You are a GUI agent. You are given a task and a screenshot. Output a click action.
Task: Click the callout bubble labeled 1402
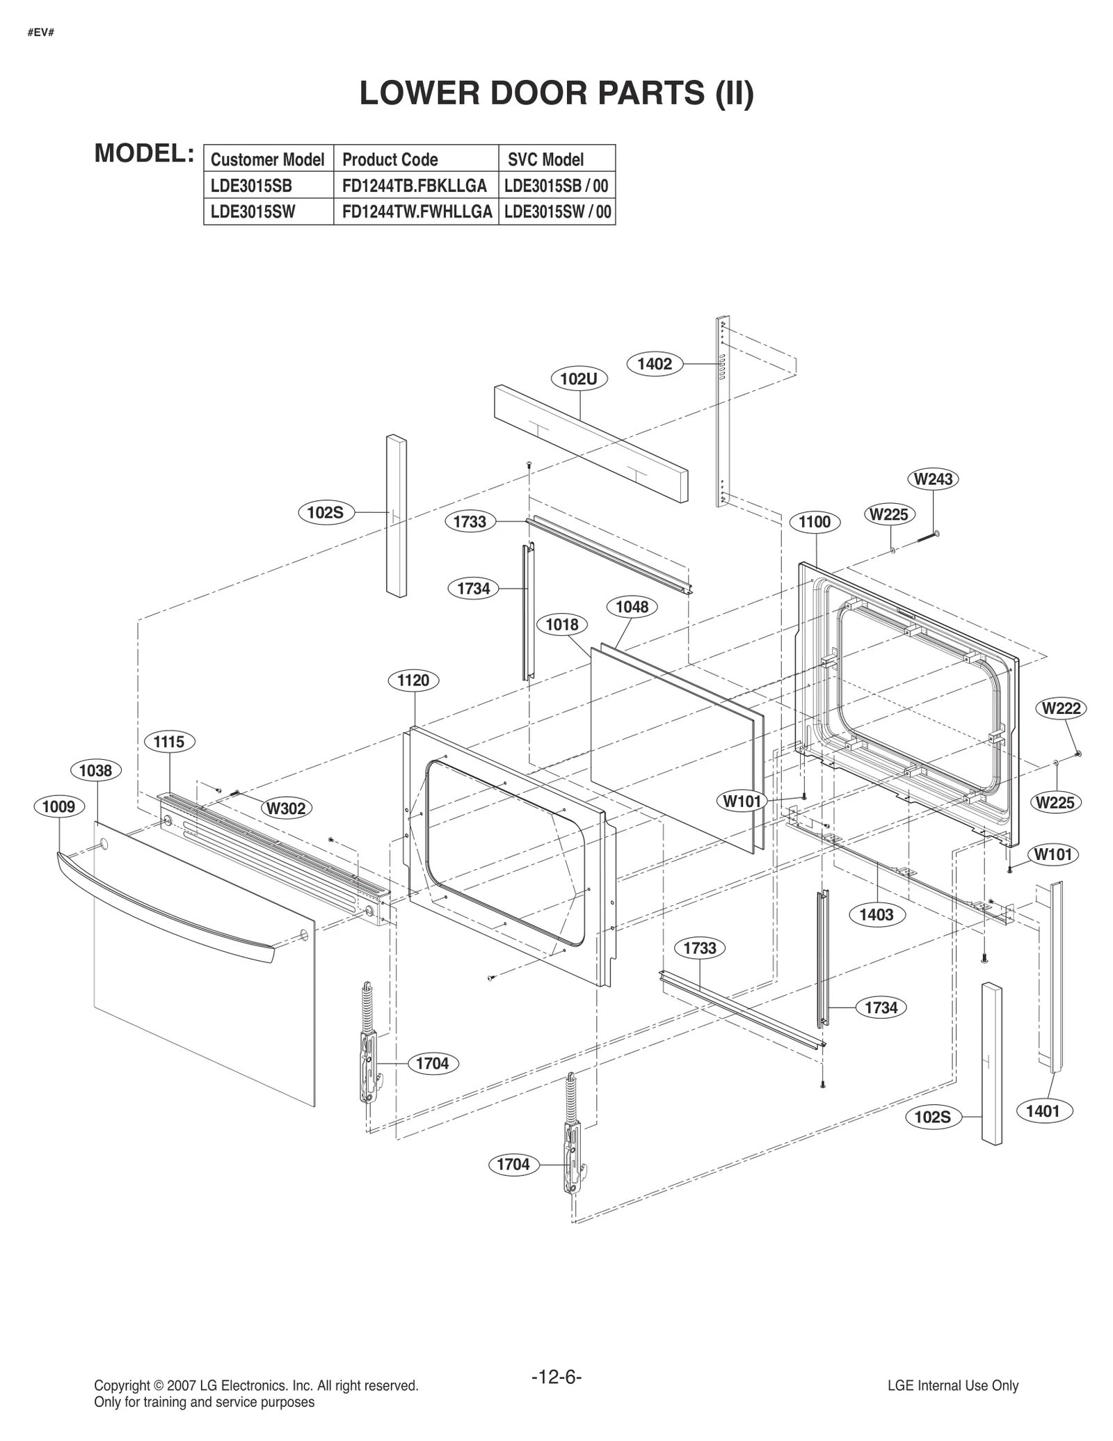[x=655, y=364]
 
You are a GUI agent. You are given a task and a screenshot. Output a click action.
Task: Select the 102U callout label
[x=579, y=379]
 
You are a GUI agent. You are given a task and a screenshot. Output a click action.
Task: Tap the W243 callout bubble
[x=933, y=479]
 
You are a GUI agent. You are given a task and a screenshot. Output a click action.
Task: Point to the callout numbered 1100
[x=815, y=522]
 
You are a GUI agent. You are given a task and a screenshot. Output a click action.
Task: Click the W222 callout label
[x=1062, y=708]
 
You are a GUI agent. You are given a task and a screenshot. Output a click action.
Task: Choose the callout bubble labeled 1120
[x=413, y=680]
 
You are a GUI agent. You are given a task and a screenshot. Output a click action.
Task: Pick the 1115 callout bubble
[x=169, y=742]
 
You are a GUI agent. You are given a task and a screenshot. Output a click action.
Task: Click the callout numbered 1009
[x=59, y=806]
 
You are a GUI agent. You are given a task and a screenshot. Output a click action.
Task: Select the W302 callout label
[x=287, y=809]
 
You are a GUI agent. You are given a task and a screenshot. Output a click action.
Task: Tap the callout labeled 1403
[x=876, y=914]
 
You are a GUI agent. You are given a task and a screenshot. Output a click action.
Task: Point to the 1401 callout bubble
[x=1043, y=1111]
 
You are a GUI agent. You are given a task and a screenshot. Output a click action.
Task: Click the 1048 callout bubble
[x=632, y=607]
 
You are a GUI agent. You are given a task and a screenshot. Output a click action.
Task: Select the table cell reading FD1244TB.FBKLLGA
[x=415, y=186]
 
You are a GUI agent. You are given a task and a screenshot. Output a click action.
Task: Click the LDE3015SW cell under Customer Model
[x=253, y=212]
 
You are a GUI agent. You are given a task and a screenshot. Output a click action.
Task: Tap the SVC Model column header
[x=546, y=159]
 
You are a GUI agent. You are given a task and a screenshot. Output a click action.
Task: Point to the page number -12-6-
[x=556, y=1377]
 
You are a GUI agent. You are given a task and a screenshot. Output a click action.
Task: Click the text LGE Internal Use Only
[x=952, y=1385]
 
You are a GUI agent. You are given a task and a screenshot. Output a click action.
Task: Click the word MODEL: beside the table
[x=144, y=154]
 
